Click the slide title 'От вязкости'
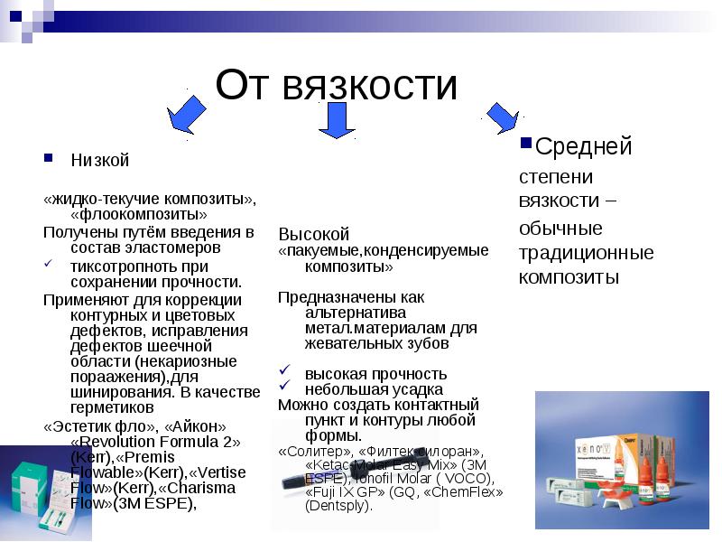(337, 85)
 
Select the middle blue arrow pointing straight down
(338, 119)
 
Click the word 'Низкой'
(100, 161)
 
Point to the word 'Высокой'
(313, 233)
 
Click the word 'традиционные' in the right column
(586, 252)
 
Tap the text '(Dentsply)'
(338, 506)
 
